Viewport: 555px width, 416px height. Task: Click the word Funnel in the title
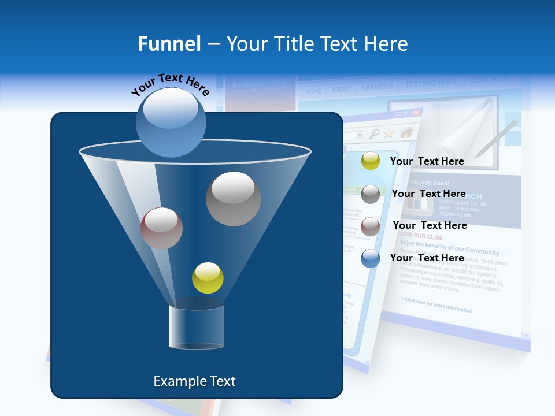coord(169,43)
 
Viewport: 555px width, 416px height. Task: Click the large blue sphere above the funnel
coord(171,122)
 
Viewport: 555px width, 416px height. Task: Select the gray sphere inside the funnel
coord(234,199)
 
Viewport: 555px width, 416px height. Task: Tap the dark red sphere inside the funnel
coord(161,228)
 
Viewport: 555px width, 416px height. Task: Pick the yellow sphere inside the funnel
coord(208,278)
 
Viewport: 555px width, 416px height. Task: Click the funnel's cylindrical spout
coord(197,327)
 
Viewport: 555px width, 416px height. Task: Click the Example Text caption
coord(194,381)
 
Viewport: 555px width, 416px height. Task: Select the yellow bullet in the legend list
coord(371,161)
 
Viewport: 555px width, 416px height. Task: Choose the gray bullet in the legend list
coord(371,194)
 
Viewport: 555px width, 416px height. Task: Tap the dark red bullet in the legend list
coord(371,226)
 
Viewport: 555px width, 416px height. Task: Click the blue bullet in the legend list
coord(371,258)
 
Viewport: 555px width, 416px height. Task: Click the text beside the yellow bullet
coord(427,161)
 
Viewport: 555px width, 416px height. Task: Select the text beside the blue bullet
coord(427,258)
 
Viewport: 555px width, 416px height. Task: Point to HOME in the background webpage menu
coord(313,91)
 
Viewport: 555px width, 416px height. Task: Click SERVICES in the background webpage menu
coord(377,87)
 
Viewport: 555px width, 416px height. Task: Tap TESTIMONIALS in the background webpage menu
coord(430,84)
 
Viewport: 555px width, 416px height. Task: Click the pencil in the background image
coord(495,139)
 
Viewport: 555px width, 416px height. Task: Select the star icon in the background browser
coord(389,133)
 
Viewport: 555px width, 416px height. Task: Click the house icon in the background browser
coord(406,132)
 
